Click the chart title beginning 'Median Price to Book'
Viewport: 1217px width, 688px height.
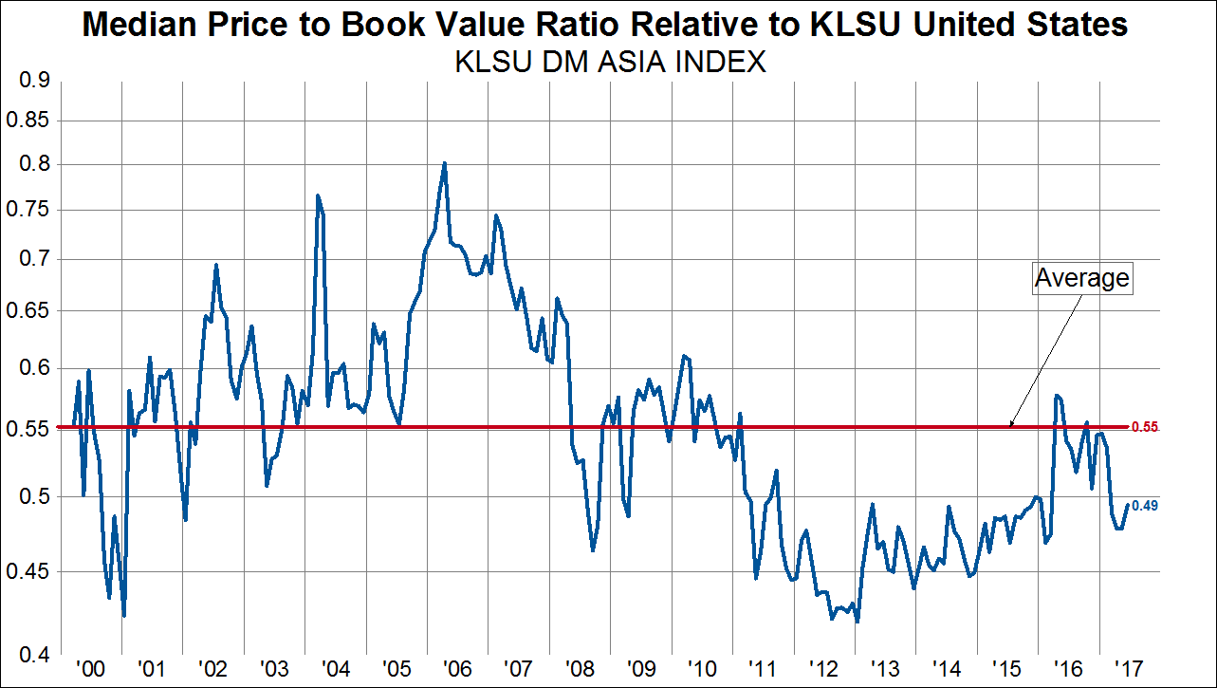(605, 25)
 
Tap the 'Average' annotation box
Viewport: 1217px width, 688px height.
(1081, 278)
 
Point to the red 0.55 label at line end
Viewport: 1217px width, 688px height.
(1145, 428)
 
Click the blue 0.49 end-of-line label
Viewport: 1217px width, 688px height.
(1145, 506)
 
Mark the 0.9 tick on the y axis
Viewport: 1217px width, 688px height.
(35, 82)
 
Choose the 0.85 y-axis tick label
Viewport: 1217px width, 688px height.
(28, 121)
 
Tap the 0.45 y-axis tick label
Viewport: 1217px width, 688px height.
(28, 572)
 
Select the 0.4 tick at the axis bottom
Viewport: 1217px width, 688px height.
(35, 654)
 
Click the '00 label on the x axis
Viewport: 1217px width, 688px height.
(88, 669)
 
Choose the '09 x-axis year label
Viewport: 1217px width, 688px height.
(640, 669)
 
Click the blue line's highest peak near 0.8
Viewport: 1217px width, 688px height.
(444, 163)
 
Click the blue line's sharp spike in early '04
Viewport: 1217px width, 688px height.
(318, 195)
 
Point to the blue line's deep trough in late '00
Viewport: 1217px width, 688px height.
(124, 615)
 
